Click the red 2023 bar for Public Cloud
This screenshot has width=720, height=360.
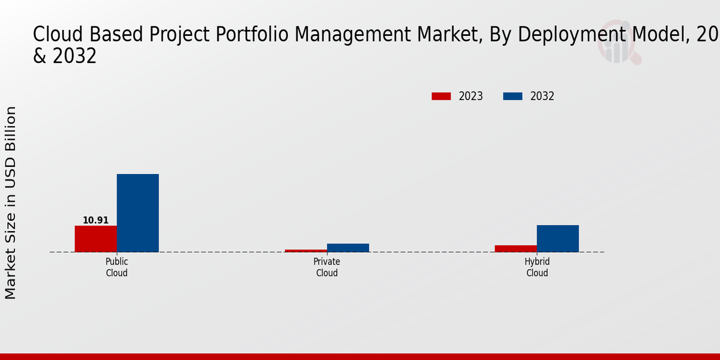tap(96, 239)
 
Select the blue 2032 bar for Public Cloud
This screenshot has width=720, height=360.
tap(138, 213)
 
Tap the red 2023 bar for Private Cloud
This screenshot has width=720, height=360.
tap(306, 250)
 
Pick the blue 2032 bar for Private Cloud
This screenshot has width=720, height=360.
tap(348, 248)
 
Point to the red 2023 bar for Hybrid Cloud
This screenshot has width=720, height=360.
tap(516, 248)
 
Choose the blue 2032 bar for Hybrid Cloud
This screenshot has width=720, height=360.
tap(558, 238)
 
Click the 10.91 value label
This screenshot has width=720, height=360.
tap(96, 220)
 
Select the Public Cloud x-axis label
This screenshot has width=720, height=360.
tap(117, 268)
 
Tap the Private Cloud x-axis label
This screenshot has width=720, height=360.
tap(327, 268)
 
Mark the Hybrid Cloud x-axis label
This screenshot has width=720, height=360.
tap(537, 268)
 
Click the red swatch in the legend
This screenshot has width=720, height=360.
tap(441, 97)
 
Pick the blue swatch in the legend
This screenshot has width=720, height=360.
tap(512, 97)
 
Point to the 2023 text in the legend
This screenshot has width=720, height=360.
tap(471, 97)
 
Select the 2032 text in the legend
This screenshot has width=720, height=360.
tap(542, 97)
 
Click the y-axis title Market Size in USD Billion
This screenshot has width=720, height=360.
tap(11, 203)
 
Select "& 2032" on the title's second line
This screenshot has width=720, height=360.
tap(65, 56)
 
